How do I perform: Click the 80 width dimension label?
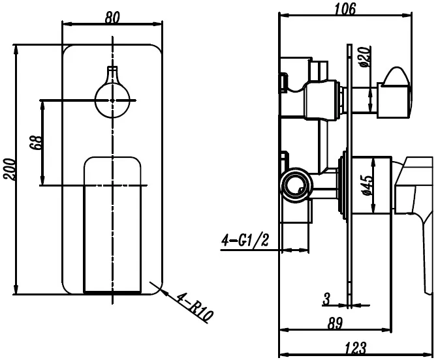(x=112, y=18)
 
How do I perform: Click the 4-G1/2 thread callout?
(x=245, y=241)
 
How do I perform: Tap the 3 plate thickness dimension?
(x=326, y=299)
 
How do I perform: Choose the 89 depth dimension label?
(x=336, y=323)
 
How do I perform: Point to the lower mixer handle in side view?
(x=416, y=196)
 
